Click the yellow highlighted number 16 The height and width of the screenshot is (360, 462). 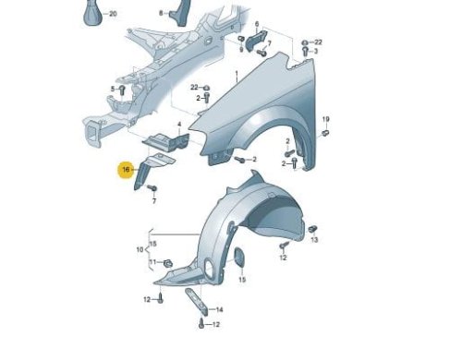126,170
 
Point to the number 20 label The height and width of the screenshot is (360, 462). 113,14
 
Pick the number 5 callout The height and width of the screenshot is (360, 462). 113,89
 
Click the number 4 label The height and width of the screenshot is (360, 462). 179,125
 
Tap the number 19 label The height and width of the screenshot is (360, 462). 326,119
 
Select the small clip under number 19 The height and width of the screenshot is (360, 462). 325,133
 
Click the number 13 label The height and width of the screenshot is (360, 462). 314,239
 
